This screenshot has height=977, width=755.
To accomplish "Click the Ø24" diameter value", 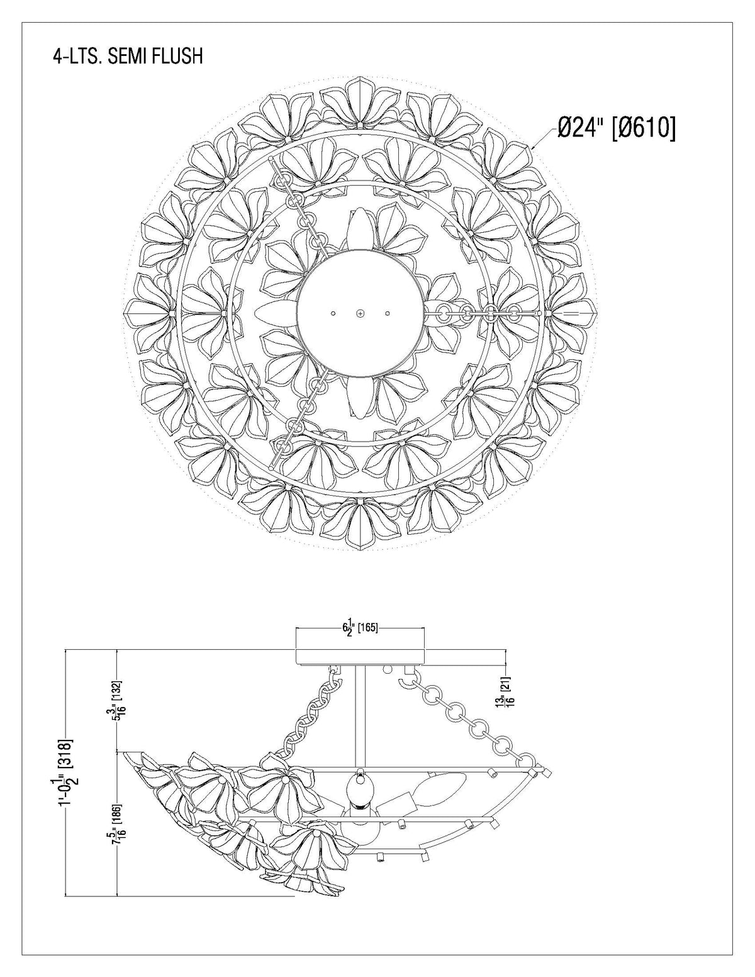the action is point(582,129).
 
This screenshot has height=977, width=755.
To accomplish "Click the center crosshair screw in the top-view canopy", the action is point(360,313).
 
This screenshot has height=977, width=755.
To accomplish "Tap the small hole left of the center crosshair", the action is point(333,313).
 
